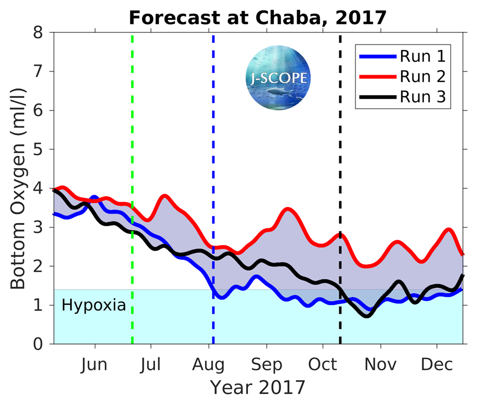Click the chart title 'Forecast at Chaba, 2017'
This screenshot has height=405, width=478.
pos(257,18)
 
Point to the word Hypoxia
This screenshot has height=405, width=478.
pos(94,305)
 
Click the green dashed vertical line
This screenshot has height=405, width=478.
pos(132,143)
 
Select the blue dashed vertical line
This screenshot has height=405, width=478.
pos(213,143)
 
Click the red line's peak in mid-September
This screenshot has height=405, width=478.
pos(287,209)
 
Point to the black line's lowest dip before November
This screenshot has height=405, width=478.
pos(367,316)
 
